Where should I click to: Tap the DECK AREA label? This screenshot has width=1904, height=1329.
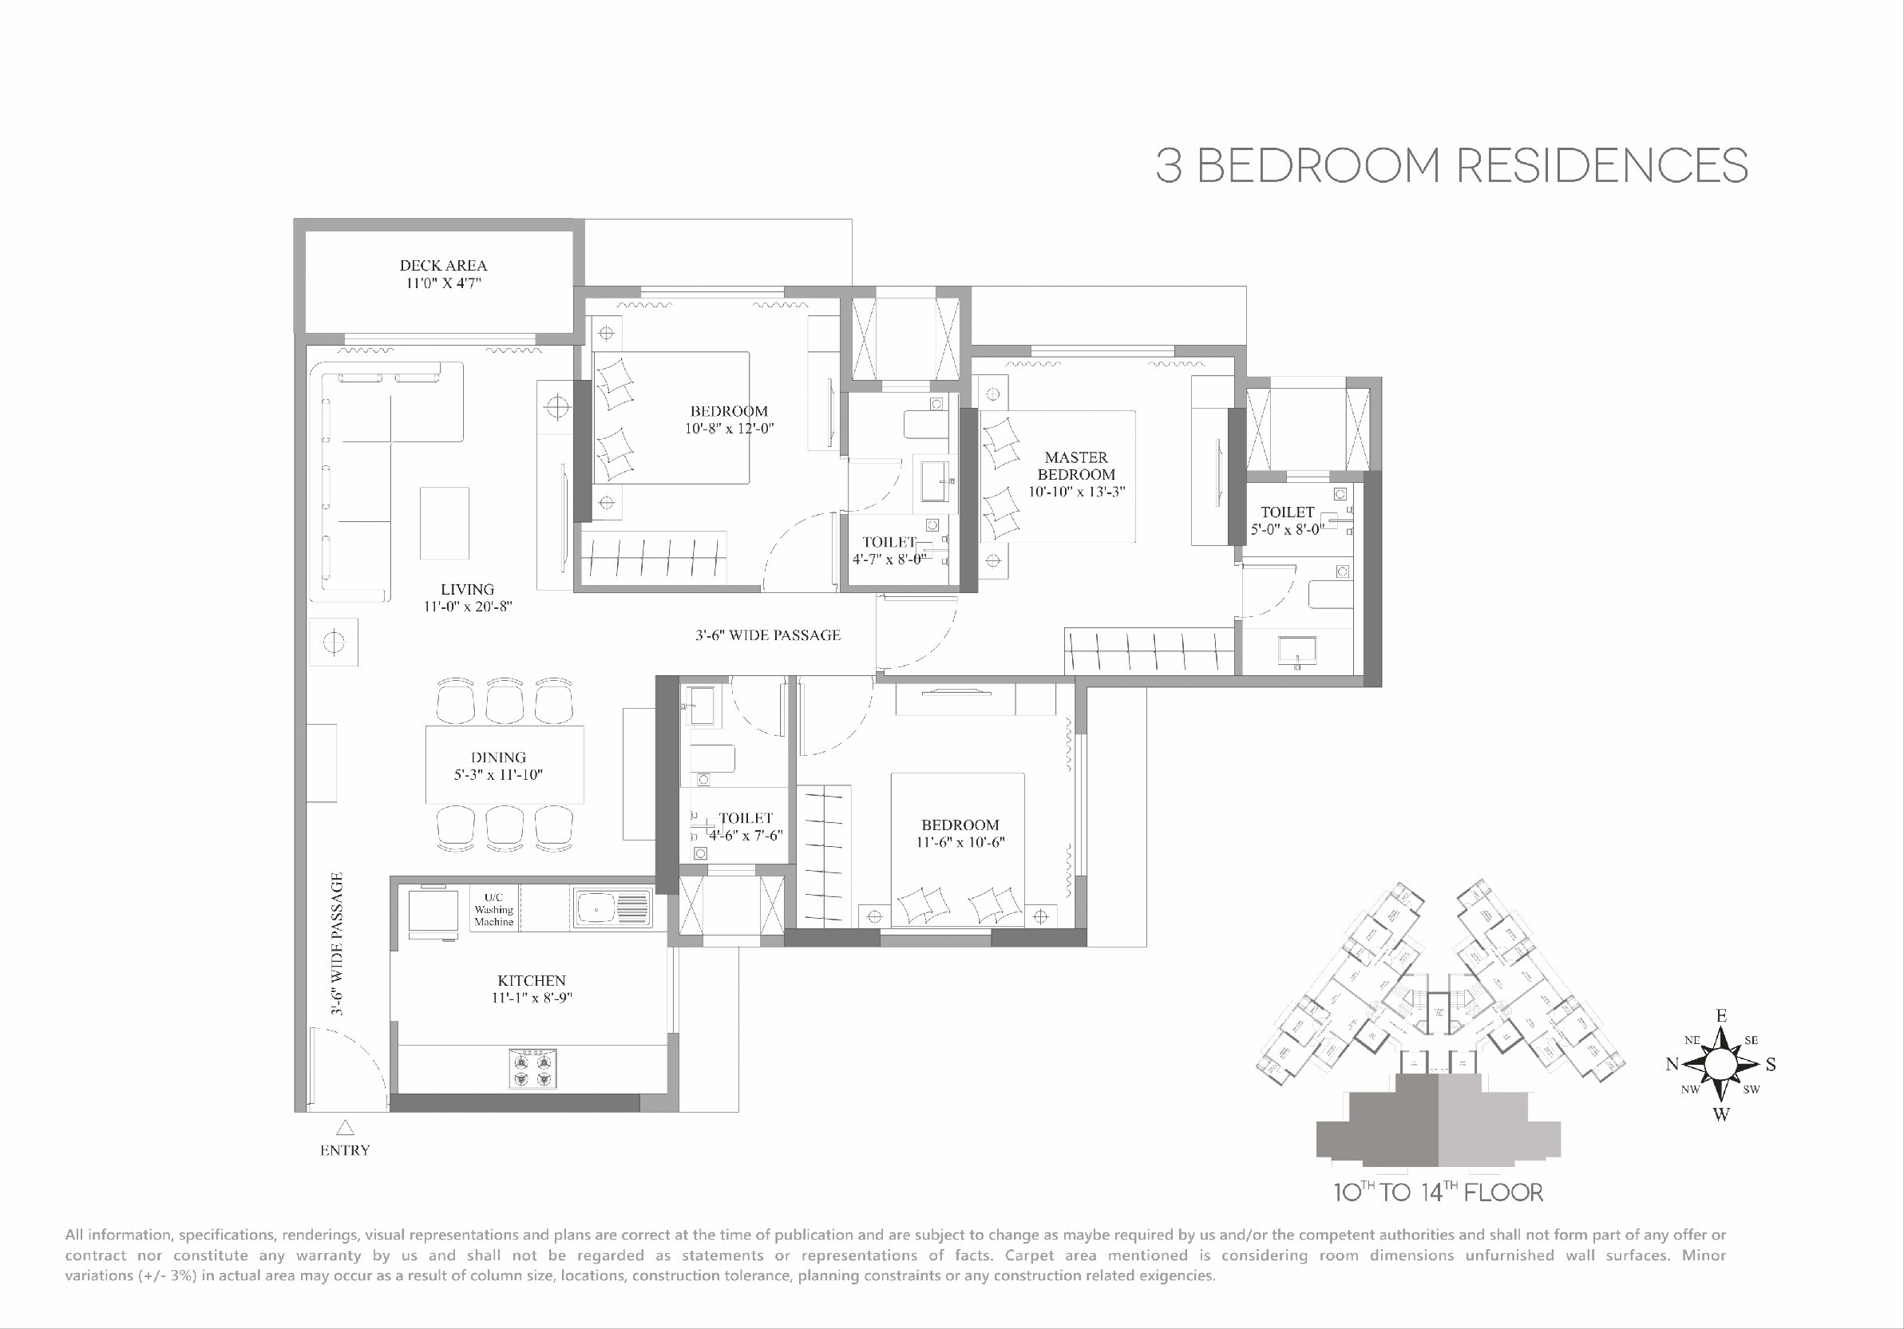pyautogui.click(x=443, y=265)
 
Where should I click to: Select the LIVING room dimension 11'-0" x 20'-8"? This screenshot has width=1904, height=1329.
pyautogui.click(x=467, y=607)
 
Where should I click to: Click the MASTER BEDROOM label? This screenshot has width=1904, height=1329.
pyautogui.click(x=1075, y=466)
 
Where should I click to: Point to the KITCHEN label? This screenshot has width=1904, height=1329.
pyautogui.click(x=531, y=981)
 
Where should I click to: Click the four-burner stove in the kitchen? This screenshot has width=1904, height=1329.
pyautogui.click(x=532, y=1070)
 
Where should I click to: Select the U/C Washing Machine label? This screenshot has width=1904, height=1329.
pyautogui.click(x=494, y=909)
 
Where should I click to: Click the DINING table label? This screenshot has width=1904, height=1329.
pyautogui.click(x=497, y=757)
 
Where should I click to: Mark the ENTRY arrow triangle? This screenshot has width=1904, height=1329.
pyautogui.click(x=345, y=1128)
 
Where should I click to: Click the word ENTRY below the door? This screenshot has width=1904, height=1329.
pyautogui.click(x=345, y=1150)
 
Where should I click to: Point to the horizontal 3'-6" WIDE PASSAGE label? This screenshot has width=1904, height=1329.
pyautogui.click(x=767, y=635)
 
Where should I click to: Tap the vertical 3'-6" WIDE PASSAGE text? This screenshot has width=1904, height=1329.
pyautogui.click(x=337, y=943)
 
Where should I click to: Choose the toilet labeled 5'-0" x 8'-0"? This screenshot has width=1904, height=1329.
pyautogui.click(x=1287, y=520)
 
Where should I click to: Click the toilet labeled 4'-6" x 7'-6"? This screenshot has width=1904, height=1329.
pyautogui.click(x=745, y=827)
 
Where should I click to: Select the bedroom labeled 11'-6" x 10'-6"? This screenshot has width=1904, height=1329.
pyautogui.click(x=960, y=833)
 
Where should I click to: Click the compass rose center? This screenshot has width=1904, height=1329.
pyautogui.click(x=1720, y=1064)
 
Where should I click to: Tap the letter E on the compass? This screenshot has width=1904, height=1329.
pyautogui.click(x=1720, y=1016)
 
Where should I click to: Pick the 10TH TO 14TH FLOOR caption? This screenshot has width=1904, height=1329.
pyautogui.click(x=1438, y=1193)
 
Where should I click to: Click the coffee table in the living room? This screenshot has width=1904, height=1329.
pyautogui.click(x=444, y=523)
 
